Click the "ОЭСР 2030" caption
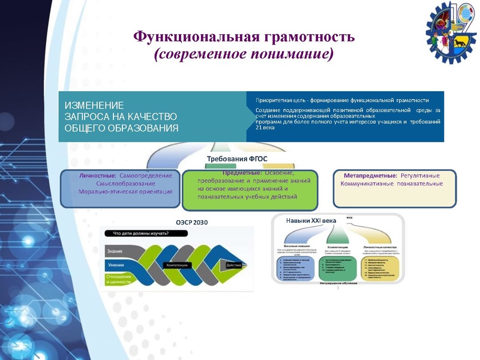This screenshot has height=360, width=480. point(192,222)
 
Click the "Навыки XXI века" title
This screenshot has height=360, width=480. point(311,221)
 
